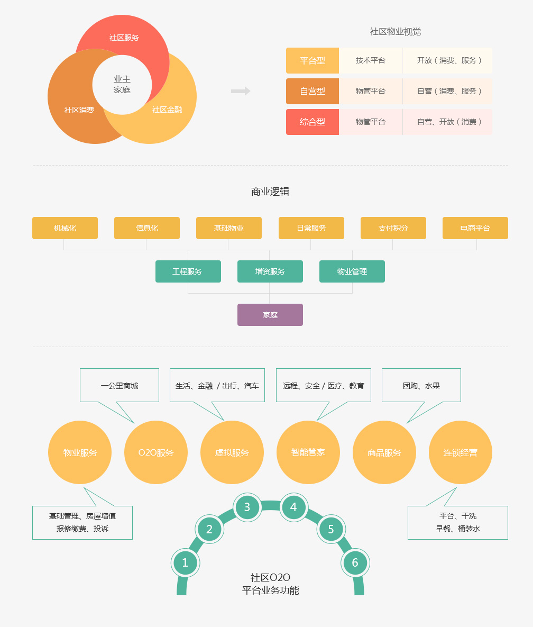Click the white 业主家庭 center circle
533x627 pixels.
(x=122, y=85)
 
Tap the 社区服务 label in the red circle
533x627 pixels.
(x=124, y=38)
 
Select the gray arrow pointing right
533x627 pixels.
(x=241, y=91)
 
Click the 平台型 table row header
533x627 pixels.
(x=313, y=60)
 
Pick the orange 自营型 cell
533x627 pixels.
(x=313, y=91)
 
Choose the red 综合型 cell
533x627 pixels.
(x=313, y=122)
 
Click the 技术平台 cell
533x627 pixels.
(x=371, y=60)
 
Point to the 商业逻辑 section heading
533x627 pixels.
(x=270, y=192)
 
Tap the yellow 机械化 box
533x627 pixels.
(x=65, y=228)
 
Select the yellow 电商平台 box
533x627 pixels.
(x=475, y=228)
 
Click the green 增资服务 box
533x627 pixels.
(x=270, y=271)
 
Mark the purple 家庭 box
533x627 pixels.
(x=270, y=315)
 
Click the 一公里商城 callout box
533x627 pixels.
(x=120, y=385)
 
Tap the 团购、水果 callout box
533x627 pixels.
(x=421, y=385)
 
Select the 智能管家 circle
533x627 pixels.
(x=308, y=452)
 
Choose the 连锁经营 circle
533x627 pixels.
(x=461, y=452)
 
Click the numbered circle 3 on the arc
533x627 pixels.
(x=247, y=507)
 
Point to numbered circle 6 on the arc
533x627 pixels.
(x=355, y=562)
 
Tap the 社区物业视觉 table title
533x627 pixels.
(x=396, y=32)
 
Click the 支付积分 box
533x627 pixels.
(x=393, y=228)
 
